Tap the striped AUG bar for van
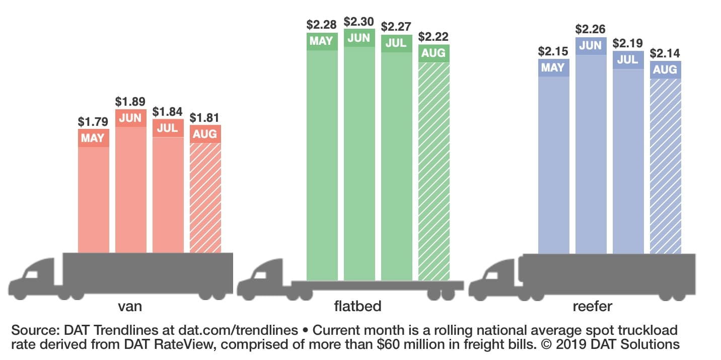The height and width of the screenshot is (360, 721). [205, 196]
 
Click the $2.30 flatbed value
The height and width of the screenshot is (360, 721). [359, 22]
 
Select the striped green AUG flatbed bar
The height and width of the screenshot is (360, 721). [434, 171]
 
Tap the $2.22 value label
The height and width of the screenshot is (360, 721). [434, 37]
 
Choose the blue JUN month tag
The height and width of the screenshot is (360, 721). [591, 45]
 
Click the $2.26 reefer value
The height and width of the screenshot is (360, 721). [591, 29]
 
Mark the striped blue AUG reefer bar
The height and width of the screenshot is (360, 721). [666, 166]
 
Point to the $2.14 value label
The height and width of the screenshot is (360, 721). [666, 53]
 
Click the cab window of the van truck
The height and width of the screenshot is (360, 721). [32, 274]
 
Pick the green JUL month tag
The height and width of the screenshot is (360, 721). [397, 43]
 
